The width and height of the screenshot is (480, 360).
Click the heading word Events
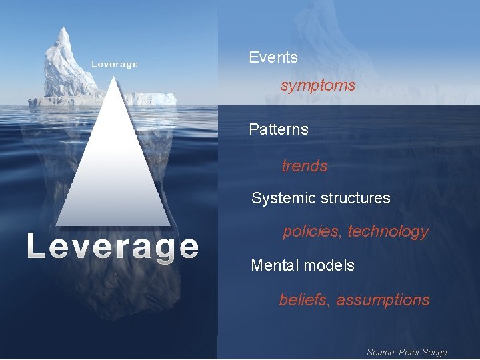[x=273, y=58]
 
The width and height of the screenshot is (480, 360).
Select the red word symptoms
[x=318, y=86]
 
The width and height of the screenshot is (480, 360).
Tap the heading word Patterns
[x=279, y=129]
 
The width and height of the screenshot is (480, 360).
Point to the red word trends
[x=305, y=166]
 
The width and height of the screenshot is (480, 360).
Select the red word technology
[x=388, y=232]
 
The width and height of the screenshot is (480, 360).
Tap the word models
[x=329, y=265]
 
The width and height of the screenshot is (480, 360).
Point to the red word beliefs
[x=305, y=300]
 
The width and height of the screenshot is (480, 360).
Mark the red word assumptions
[x=383, y=300]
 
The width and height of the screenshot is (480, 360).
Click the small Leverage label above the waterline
[x=115, y=65]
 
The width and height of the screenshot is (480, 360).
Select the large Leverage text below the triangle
[x=113, y=247]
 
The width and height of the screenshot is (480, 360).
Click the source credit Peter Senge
[x=423, y=352]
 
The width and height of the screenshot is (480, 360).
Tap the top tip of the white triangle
[x=113, y=78]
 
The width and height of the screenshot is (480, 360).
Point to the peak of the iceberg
[x=63, y=29]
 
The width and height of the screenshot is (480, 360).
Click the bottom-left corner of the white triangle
[x=57, y=225]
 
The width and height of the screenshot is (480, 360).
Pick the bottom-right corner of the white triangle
[x=169, y=225]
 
